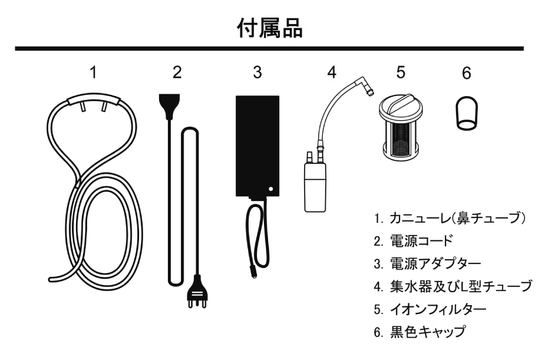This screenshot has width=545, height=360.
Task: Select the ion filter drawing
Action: click(x=400, y=127)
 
